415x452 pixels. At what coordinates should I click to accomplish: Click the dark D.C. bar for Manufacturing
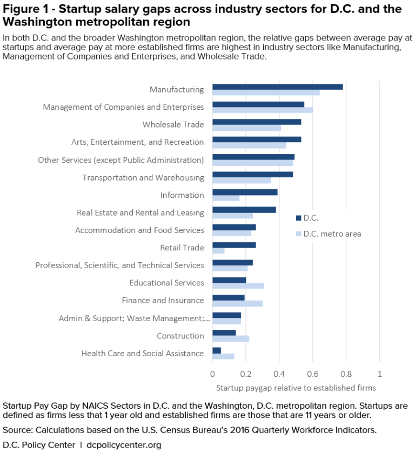click(x=277, y=87)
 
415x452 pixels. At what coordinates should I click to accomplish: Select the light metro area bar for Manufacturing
click(x=266, y=92)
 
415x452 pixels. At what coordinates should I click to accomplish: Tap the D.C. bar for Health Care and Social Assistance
click(x=217, y=350)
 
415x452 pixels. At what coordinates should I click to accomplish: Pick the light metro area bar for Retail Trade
click(x=218, y=251)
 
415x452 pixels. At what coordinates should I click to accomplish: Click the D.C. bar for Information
click(x=245, y=192)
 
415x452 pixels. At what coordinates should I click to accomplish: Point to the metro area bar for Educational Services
click(x=238, y=286)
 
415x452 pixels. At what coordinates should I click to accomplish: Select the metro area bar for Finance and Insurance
click(x=237, y=303)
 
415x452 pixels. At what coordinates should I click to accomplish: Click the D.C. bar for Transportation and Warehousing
click(x=252, y=175)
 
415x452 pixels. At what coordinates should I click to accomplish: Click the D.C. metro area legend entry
click(x=328, y=234)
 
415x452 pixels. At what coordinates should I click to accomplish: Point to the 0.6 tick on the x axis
click(x=313, y=374)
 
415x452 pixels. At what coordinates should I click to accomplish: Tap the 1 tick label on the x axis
click(x=380, y=374)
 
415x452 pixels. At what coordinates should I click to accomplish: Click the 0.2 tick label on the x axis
click(x=246, y=374)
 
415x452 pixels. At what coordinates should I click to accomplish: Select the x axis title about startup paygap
click(x=296, y=388)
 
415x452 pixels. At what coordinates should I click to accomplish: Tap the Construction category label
click(x=180, y=336)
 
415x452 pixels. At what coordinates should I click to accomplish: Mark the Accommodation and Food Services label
click(x=139, y=230)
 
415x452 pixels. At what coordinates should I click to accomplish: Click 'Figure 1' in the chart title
click(x=26, y=9)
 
